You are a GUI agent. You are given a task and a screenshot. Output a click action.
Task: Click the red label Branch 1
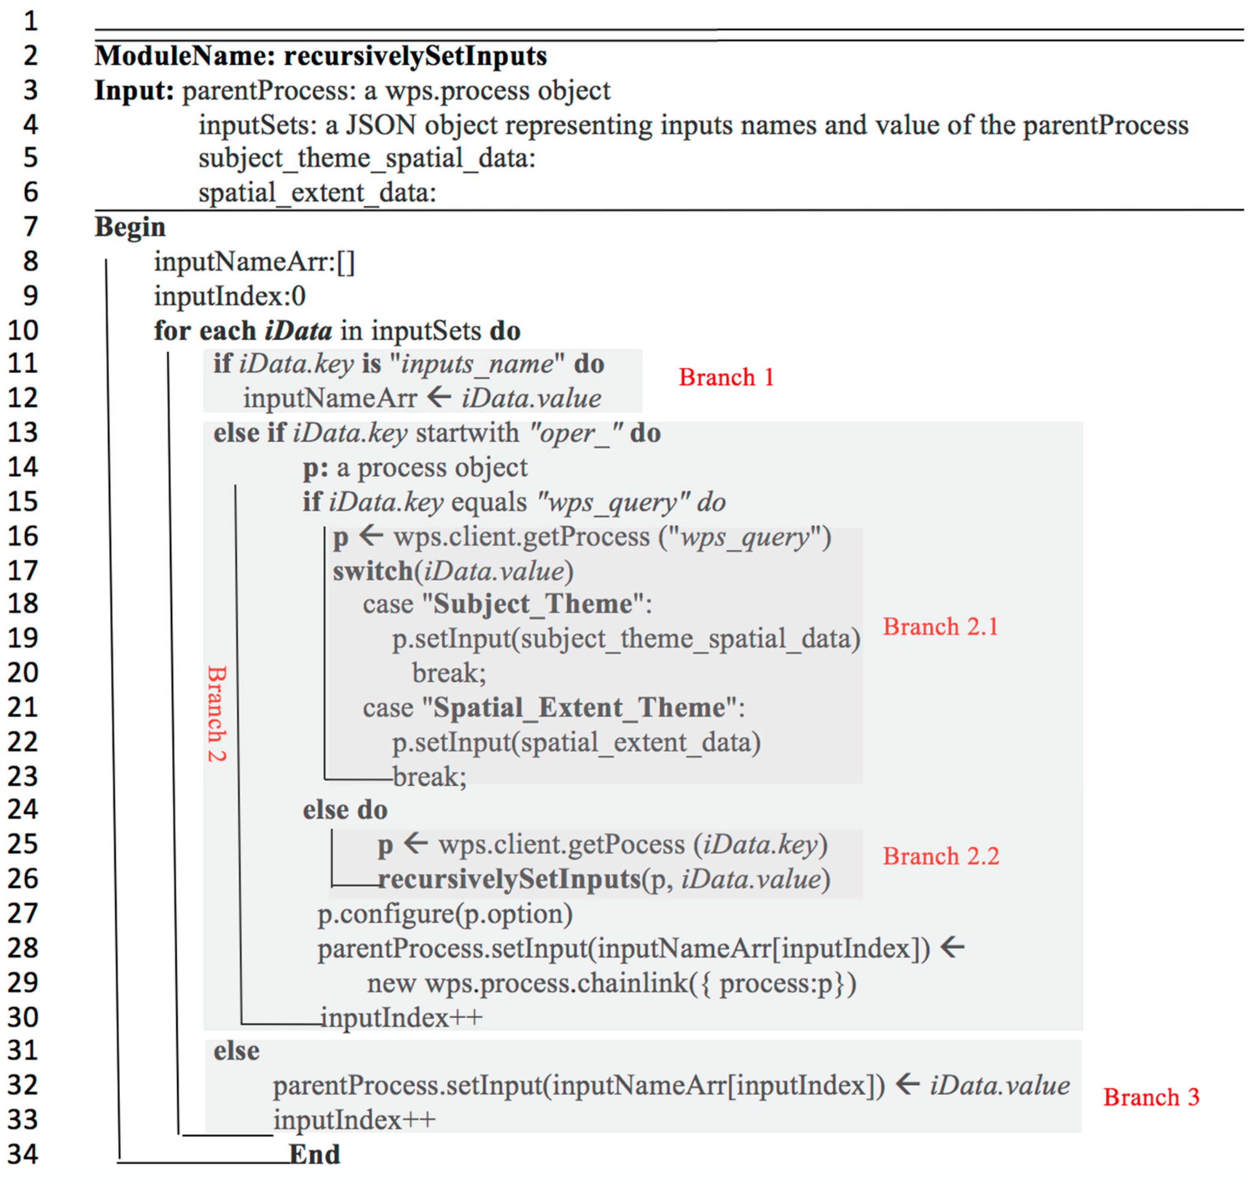pos(726,378)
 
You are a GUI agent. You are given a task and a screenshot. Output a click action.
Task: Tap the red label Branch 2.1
pos(940,627)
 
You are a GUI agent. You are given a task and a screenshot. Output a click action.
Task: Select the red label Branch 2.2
pos(941,856)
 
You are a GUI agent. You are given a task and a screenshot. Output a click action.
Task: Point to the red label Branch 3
pos(1151,1097)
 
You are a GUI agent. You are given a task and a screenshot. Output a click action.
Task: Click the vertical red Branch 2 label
pos(217,713)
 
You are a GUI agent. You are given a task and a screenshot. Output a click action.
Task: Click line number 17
pos(23,571)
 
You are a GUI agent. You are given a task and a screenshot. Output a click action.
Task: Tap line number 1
pos(30,22)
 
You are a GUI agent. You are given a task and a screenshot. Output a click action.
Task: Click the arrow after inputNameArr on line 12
pos(439,398)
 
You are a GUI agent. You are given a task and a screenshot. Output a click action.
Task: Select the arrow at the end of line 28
pos(952,948)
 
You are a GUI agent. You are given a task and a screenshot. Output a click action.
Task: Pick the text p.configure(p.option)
pos(445,914)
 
